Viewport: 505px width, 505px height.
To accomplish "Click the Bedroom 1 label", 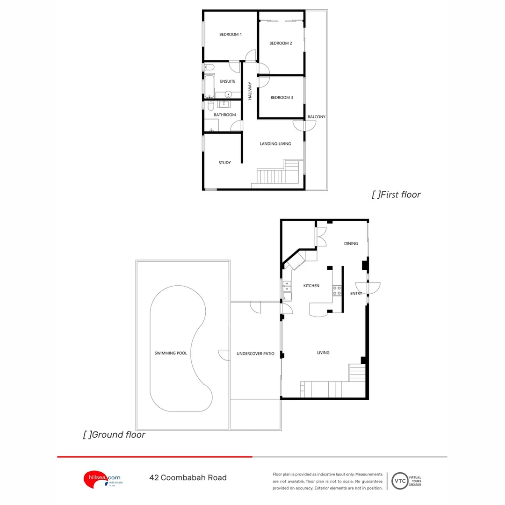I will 231,35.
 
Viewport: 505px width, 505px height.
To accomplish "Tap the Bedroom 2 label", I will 281,43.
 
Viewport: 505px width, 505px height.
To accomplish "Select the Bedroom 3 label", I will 282,97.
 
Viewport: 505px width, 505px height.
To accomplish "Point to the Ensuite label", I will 228,81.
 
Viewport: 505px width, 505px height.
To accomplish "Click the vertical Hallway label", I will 250,91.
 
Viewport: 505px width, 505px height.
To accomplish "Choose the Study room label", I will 224,163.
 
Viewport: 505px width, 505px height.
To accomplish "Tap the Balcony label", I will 317,117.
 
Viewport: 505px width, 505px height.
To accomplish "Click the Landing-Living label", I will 275,144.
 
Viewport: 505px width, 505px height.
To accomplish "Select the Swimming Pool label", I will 171,353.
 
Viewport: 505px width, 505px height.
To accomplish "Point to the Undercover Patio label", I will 255,353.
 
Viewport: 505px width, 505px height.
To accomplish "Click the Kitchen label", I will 311,286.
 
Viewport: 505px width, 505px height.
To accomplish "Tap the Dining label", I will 351,244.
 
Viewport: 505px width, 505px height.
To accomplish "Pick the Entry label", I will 356,294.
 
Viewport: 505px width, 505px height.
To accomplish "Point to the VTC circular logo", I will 400,481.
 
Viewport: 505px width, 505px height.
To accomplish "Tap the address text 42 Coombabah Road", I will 188,477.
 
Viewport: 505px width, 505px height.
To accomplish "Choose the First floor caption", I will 396,195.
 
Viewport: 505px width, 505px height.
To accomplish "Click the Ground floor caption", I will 114,435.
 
